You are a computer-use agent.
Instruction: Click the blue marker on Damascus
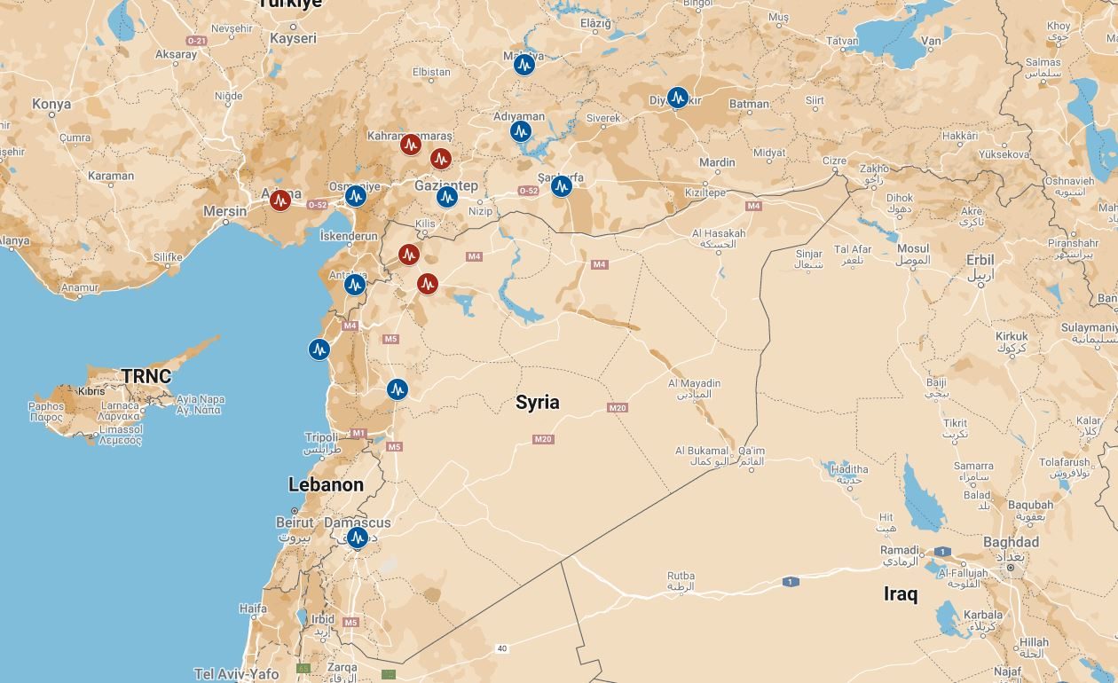(x=357, y=538)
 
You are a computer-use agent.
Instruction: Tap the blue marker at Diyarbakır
(x=678, y=98)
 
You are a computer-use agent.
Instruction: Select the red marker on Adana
(x=280, y=200)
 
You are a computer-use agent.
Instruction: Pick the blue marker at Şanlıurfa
(x=562, y=186)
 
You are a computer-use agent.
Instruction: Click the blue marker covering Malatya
(x=524, y=64)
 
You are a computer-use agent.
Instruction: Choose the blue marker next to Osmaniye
(x=356, y=196)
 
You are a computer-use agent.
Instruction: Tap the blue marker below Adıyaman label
(x=521, y=131)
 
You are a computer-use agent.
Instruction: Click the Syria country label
(x=538, y=403)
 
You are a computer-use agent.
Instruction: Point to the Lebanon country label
(x=326, y=485)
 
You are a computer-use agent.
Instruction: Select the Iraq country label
(x=901, y=594)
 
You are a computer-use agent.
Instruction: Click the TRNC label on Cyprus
(x=146, y=376)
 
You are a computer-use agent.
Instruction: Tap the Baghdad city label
(x=1011, y=542)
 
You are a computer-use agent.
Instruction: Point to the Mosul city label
(x=912, y=249)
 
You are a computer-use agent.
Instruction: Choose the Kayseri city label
(x=293, y=39)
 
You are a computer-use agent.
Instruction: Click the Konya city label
(x=51, y=105)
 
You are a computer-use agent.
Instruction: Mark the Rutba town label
(x=681, y=577)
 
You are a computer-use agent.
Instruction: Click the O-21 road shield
(x=196, y=42)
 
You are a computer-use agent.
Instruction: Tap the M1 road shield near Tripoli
(x=358, y=433)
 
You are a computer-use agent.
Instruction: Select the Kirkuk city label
(x=1012, y=337)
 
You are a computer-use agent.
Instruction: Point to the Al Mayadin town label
(x=694, y=384)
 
